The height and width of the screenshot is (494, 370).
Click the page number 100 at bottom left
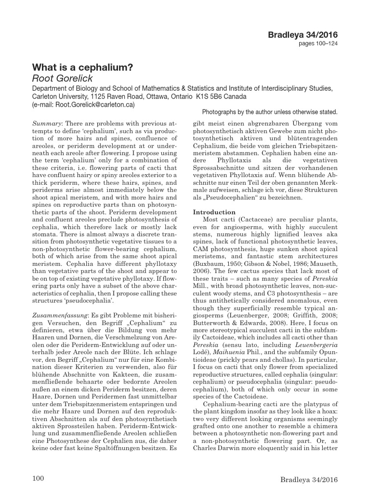coord(38,478)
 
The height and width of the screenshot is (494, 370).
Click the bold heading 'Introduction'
coord(214,212)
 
